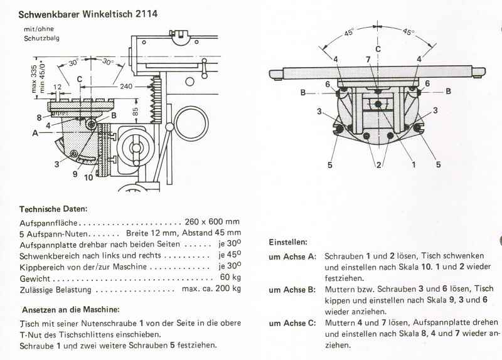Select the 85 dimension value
[136, 112]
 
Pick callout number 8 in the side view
[40, 117]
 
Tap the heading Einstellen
[288, 241]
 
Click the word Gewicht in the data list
[35, 278]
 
